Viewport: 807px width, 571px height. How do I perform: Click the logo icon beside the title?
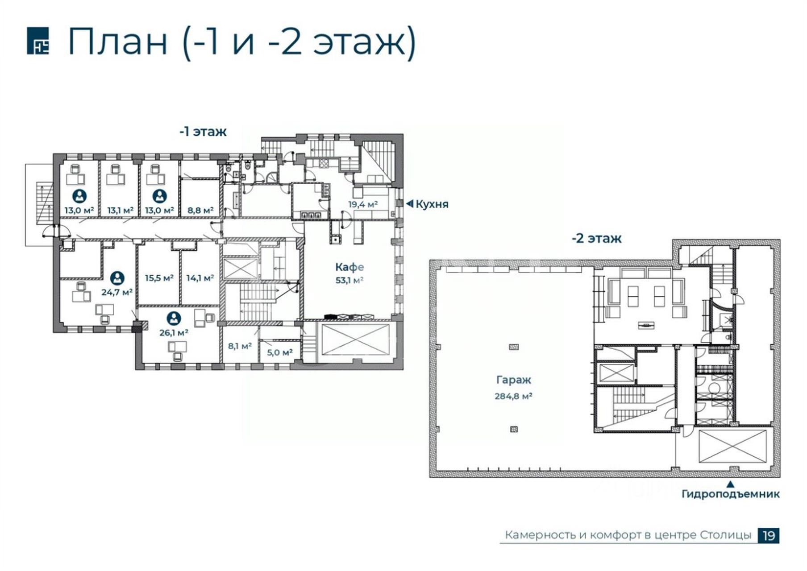click(38, 41)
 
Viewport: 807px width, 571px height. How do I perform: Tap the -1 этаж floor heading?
click(203, 132)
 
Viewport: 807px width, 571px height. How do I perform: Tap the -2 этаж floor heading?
click(596, 238)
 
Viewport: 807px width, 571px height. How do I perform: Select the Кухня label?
click(432, 204)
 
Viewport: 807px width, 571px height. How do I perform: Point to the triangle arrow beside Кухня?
click(409, 204)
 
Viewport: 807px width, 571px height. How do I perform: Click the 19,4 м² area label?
click(363, 204)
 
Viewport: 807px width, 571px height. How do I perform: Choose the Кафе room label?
click(349, 267)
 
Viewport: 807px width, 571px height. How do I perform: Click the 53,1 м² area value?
click(349, 280)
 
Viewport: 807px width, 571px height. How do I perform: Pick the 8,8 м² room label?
click(200, 210)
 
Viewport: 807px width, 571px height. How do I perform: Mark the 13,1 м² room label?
click(121, 210)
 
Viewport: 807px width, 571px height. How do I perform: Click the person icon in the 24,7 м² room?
click(117, 278)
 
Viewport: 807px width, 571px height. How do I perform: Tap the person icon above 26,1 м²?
click(174, 318)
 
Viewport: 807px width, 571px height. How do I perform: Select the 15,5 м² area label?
click(159, 278)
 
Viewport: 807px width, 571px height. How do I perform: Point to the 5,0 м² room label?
click(280, 352)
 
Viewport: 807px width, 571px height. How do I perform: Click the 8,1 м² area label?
click(240, 346)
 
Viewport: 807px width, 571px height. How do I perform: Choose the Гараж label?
click(514, 381)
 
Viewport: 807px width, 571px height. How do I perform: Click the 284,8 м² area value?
click(513, 396)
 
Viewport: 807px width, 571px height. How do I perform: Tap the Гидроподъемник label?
click(731, 494)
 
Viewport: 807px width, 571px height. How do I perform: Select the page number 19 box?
click(769, 535)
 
